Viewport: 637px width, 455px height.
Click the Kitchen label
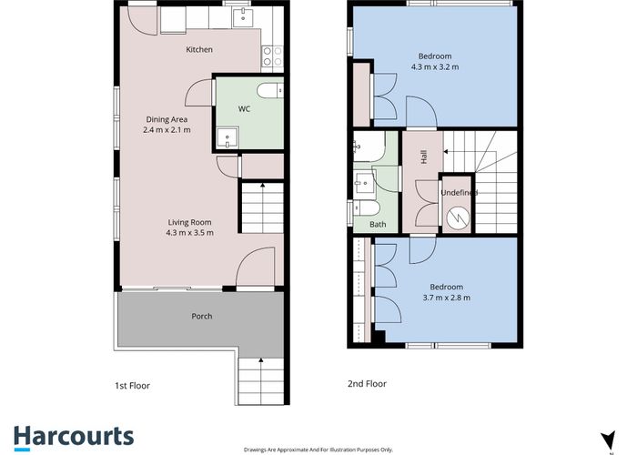click(x=199, y=49)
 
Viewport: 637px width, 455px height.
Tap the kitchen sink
click(x=241, y=17)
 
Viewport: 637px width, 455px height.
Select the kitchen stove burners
click(x=271, y=57)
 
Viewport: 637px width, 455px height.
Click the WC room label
click(x=244, y=109)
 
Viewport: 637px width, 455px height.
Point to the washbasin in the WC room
click(x=226, y=137)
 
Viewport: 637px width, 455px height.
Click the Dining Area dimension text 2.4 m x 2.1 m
click(x=167, y=130)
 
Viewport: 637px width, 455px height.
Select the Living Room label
click(x=189, y=222)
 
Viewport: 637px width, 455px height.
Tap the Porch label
click(x=201, y=318)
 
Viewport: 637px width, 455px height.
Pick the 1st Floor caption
click(x=133, y=385)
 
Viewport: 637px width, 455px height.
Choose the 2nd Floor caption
click(x=367, y=384)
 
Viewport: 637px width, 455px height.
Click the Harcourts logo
click(x=73, y=436)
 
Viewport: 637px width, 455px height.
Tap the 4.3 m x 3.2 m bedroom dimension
click(x=435, y=66)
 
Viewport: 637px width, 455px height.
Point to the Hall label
click(x=424, y=157)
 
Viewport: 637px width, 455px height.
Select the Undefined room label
click(x=459, y=193)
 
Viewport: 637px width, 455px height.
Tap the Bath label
click(x=378, y=225)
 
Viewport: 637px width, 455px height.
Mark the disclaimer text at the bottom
click(x=318, y=449)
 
